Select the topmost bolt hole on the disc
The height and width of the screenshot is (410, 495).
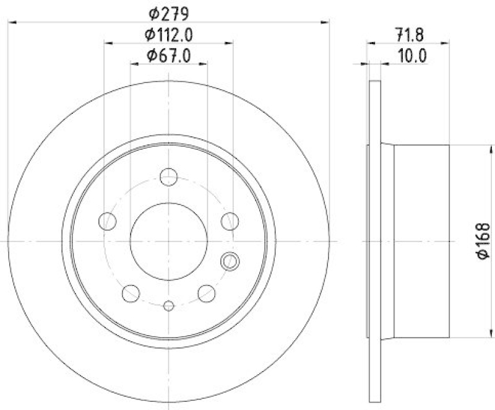point(168,177)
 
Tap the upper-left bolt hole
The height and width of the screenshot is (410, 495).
point(108,220)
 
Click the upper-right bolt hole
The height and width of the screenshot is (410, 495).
point(230,220)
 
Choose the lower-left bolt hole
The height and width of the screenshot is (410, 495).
point(131,292)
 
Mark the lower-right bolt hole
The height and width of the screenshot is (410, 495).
point(206,292)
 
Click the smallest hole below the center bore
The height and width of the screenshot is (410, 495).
point(168,305)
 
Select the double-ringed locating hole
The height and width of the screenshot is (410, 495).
point(230,261)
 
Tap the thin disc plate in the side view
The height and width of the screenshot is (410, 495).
point(373,241)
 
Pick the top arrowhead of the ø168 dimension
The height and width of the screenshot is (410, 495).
point(493,149)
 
